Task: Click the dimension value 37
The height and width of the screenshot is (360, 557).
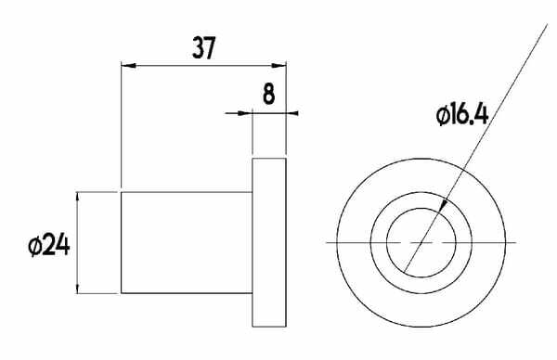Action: point(204,48)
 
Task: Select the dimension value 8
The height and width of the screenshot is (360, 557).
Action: point(269,94)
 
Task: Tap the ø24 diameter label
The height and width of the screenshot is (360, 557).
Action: point(49,245)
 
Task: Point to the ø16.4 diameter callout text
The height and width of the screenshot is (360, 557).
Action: point(462,114)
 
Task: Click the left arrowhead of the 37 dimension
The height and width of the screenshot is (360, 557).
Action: point(129,65)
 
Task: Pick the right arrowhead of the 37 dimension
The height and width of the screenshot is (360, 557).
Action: point(278,65)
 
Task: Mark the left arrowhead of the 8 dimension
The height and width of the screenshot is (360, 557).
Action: point(245,113)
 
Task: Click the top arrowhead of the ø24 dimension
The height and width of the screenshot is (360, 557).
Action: point(78,199)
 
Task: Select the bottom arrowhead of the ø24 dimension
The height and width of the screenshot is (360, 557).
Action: point(78,286)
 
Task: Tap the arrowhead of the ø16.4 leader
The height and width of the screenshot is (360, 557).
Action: point(441,207)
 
